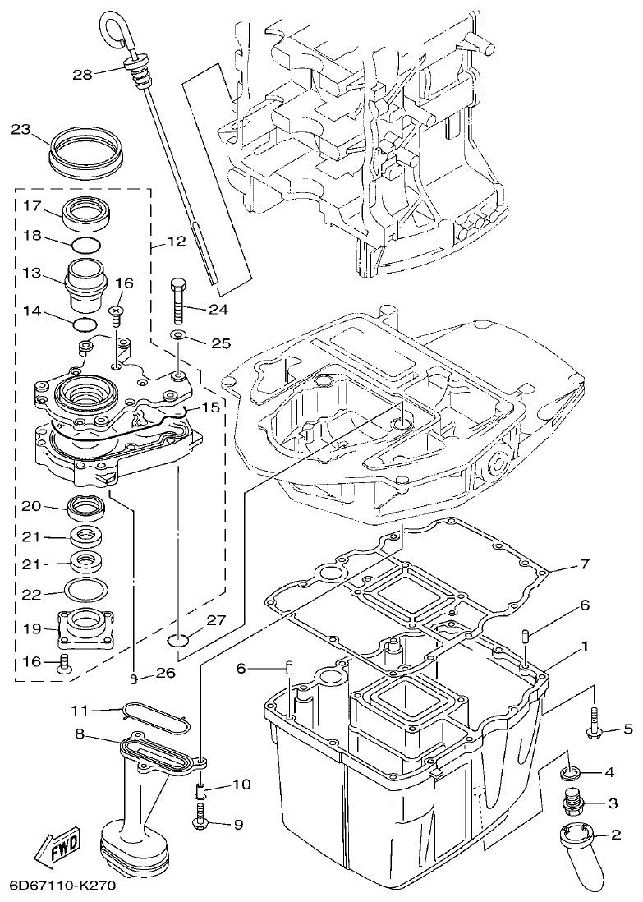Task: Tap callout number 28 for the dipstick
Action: pos(82,74)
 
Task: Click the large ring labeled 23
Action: pos(85,150)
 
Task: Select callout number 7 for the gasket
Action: pos(585,564)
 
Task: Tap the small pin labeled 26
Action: pos(132,677)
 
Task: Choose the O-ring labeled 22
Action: pos(85,590)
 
